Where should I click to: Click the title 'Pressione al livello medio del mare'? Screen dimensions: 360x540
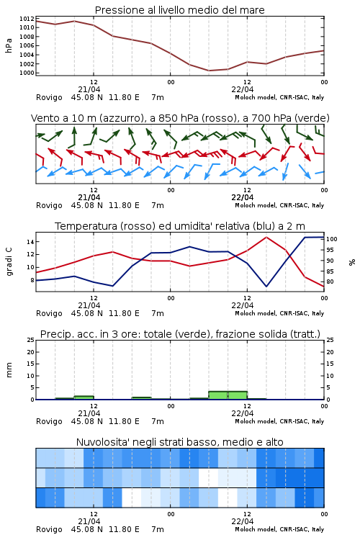click(x=179, y=10)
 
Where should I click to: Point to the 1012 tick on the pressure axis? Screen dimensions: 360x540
click(x=27, y=19)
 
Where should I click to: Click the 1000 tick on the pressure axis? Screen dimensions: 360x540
click(x=27, y=73)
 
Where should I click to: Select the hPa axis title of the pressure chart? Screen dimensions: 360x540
click(x=9, y=45)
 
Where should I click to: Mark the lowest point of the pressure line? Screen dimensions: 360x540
click(x=209, y=71)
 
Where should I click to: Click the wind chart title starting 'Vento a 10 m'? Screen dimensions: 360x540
click(x=180, y=118)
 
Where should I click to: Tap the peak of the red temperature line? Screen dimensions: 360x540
click(x=266, y=237)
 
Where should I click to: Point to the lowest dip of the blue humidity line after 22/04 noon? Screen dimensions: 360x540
click(x=266, y=287)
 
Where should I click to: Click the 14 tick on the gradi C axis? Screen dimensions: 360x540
click(x=30, y=242)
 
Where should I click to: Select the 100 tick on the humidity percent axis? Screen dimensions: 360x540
click(x=332, y=239)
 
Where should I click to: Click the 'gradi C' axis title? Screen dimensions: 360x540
click(x=9, y=262)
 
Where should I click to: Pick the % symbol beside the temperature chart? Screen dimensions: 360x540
click(x=352, y=262)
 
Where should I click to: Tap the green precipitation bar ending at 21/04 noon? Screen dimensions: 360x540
click(x=84, y=397)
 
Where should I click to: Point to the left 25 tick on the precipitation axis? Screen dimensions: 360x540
click(x=30, y=340)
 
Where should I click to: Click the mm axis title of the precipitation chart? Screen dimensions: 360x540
click(x=9, y=370)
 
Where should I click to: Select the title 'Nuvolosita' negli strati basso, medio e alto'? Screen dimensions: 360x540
click(x=179, y=442)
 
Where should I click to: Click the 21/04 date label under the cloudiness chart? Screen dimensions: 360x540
click(x=89, y=521)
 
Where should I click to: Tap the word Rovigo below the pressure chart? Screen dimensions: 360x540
click(x=49, y=97)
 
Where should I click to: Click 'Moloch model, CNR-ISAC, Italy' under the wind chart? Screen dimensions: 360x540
click(x=279, y=205)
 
